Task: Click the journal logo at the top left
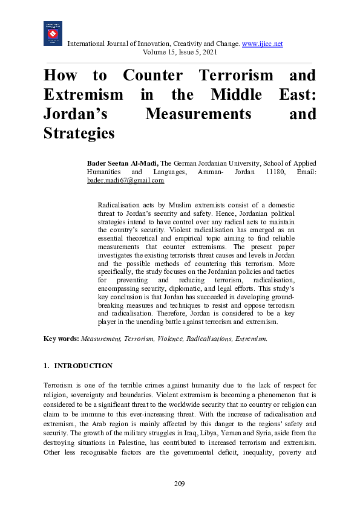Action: [x=53, y=34]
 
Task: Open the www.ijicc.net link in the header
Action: [x=262, y=44]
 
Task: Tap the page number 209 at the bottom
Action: [x=179, y=484]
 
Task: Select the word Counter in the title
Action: [x=152, y=76]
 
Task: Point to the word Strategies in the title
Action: [x=79, y=133]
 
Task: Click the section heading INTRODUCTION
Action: [x=83, y=366]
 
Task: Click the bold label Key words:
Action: [x=61, y=339]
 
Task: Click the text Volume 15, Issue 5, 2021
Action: [x=179, y=53]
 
